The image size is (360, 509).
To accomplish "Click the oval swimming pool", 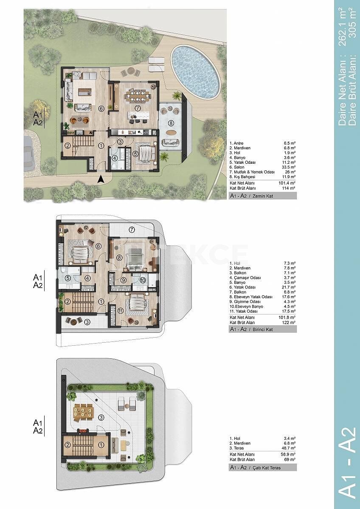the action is pyautogui.click(x=196, y=72).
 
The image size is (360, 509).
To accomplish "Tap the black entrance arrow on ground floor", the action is pyautogui.click(x=101, y=179).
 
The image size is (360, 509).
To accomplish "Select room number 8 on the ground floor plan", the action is pyautogui.click(x=171, y=123).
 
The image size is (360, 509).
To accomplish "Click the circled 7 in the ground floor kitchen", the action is pyautogui.click(x=138, y=109).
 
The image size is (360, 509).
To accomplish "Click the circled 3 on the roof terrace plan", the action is pyautogui.click(x=101, y=417).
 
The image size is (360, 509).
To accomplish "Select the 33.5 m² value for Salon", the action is pyautogui.click(x=289, y=167).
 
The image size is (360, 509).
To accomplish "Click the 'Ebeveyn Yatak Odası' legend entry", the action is pyautogui.click(x=251, y=297).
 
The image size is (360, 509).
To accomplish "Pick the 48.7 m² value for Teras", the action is pyautogui.click(x=289, y=448).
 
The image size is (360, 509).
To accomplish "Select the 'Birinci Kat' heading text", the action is pyautogui.click(x=263, y=329).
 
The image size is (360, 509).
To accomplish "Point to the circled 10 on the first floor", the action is pyautogui.click(x=143, y=280).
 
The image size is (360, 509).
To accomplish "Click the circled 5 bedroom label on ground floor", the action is pyautogui.click(x=135, y=154).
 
